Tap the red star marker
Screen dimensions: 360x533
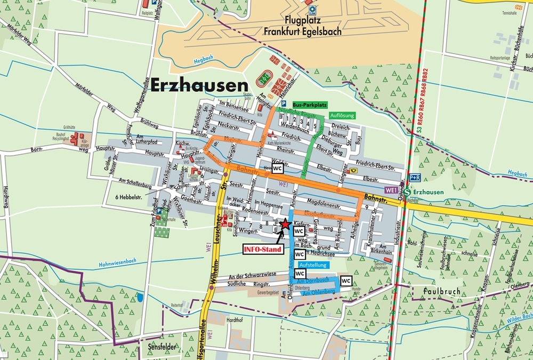pyautogui.click(x=285, y=224)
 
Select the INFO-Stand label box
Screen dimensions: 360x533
pyautogui.click(x=262, y=249)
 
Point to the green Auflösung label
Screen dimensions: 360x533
pyautogui.click(x=342, y=115)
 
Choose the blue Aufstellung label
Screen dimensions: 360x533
pyautogui.click(x=313, y=265)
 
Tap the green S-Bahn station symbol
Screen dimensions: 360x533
pyautogui.click(x=408, y=192)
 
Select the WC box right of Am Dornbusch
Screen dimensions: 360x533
pyautogui.click(x=346, y=281)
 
